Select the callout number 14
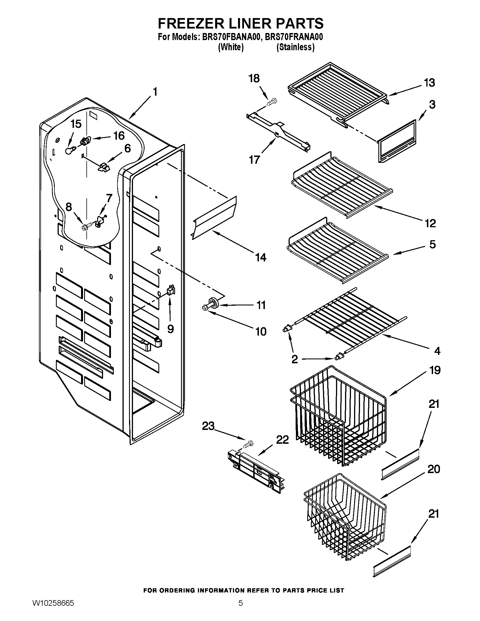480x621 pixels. (x=261, y=257)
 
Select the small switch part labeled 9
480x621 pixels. (x=171, y=290)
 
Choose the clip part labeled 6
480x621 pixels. (x=104, y=167)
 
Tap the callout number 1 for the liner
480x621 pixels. (x=155, y=92)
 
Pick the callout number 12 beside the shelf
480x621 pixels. (x=430, y=223)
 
